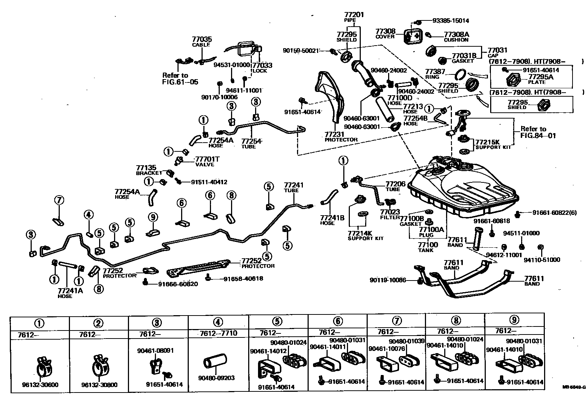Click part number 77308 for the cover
pyautogui.click(x=385, y=32)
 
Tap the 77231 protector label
pyautogui.click(x=334, y=134)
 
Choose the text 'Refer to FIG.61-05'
pyautogui.click(x=180, y=79)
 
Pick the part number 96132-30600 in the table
pyautogui.click(x=40, y=384)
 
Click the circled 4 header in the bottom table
pyautogui.click(x=218, y=322)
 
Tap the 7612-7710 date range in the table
pyautogui.click(x=218, y=333)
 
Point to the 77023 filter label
pyautogui.click(x=390, y=212)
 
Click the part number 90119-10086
pyautogui.click(x=387, y=280)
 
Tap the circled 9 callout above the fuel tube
pyautogui.click(x=153, y=217)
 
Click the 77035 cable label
pyautogui.click(x=202, y=39)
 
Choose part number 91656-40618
pyautogui.click(x=243, y=279)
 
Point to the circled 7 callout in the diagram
pyautogui.click(x=59, y=200)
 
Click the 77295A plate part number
pyautogui.click(x=541, y=77)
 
